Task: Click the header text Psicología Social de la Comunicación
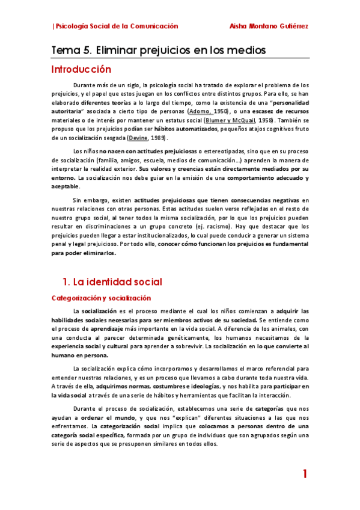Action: [x=117, y=26]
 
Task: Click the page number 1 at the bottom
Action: [x=305, y=475]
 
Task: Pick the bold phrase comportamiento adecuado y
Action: [x=270, y=179]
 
